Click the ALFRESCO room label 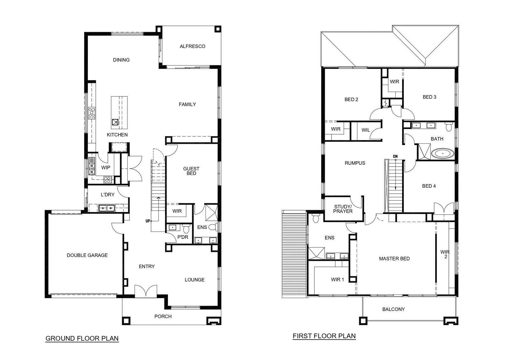(x=192, y=46)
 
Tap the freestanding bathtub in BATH (x=443, y=154)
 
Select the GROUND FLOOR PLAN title (x=82, y=338)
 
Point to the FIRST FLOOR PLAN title (x=324, y=336)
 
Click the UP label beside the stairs (x=148, y=221)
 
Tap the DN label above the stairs (x=395, y=156)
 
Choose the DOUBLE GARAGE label (x=87, y=255)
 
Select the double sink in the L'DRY (x=107, y=208)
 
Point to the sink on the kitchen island (x=115, y=122)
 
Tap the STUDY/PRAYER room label (x=343, y=209)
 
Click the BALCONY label (x=394, y=309)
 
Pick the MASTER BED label (x=394, y=259)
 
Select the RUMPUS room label (x=355, y=163)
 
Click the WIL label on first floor (x=366, y=130)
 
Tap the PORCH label (x=163, y=316)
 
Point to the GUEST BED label (x=191, y=171)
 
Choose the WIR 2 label (x=445, y=254)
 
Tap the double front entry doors (x=146, y=291)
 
